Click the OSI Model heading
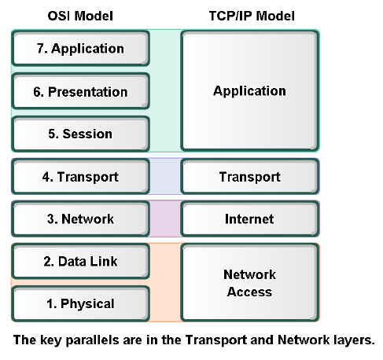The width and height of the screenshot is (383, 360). point(80,14)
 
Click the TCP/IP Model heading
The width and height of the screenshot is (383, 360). point(249,14)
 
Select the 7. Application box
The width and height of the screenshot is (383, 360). point(80,48)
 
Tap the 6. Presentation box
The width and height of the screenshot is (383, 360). point(80,91)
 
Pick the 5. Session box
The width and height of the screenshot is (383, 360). point(80,134)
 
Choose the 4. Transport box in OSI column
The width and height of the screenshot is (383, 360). point(80,177)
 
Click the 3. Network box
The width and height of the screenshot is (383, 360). point(80,219)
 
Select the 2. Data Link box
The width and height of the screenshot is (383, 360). point(80,261)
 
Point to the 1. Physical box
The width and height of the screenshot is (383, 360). point(80,303)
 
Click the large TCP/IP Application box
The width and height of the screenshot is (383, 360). point(249,91)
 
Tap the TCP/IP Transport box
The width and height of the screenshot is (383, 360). point(249,177)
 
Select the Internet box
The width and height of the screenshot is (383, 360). point(249,219)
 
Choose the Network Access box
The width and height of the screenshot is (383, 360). point(249,283)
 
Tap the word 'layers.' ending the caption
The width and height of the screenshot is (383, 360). point(356,341)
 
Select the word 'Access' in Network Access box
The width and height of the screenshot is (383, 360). point(249,292)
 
